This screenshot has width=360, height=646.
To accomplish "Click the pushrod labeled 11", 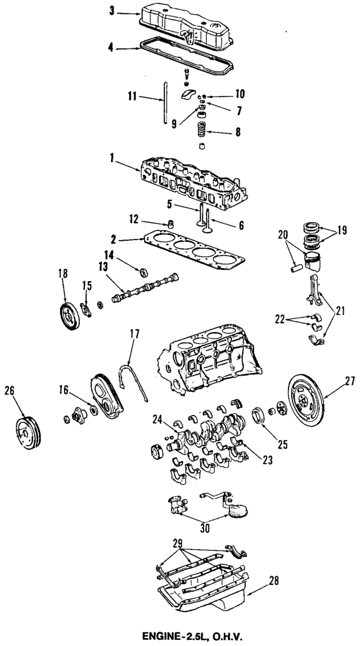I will click(163, 102).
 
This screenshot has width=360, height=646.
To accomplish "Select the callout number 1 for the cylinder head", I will click(112, 159).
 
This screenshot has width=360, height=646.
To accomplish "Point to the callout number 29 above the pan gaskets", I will click(178, 543).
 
